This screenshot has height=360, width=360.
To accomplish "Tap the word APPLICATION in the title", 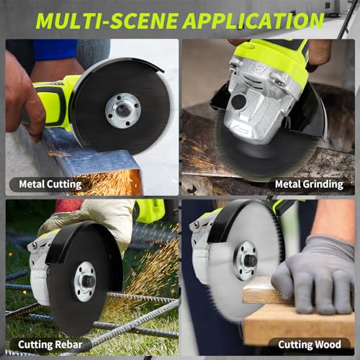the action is tap(253, 21).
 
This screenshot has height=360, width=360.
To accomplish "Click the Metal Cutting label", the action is tap(50, 184).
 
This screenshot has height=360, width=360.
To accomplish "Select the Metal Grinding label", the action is tap(309, 184).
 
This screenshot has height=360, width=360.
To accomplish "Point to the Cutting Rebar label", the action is tap(50, 345).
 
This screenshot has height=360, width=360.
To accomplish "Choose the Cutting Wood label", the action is tap(310, 345).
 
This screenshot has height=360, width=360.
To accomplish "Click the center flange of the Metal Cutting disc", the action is tap(123, 110).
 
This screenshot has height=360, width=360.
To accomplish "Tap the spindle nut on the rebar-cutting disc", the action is tap(89, 282).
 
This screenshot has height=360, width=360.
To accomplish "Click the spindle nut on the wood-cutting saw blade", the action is tap(250, 261).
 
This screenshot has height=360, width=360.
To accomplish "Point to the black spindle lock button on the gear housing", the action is tap(239, 101).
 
